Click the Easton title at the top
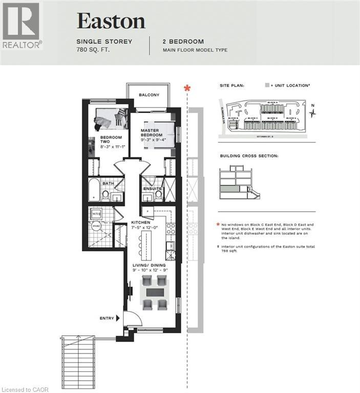[x=111, y=20]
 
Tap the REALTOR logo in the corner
[x=21, y=26]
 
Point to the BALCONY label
[x=149, y=95]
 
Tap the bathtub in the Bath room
[x=94, y=190]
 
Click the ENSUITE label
[x=152, y=189]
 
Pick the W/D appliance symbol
[x=96, y=213]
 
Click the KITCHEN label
[x=141, y=223]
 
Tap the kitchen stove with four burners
[x=170, y=229]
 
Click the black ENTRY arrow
[x=118, y=318]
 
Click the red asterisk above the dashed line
[x=187, y=89]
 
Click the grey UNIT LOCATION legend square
[x=266, y=86]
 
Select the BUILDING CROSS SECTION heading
[x=249, y=155]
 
